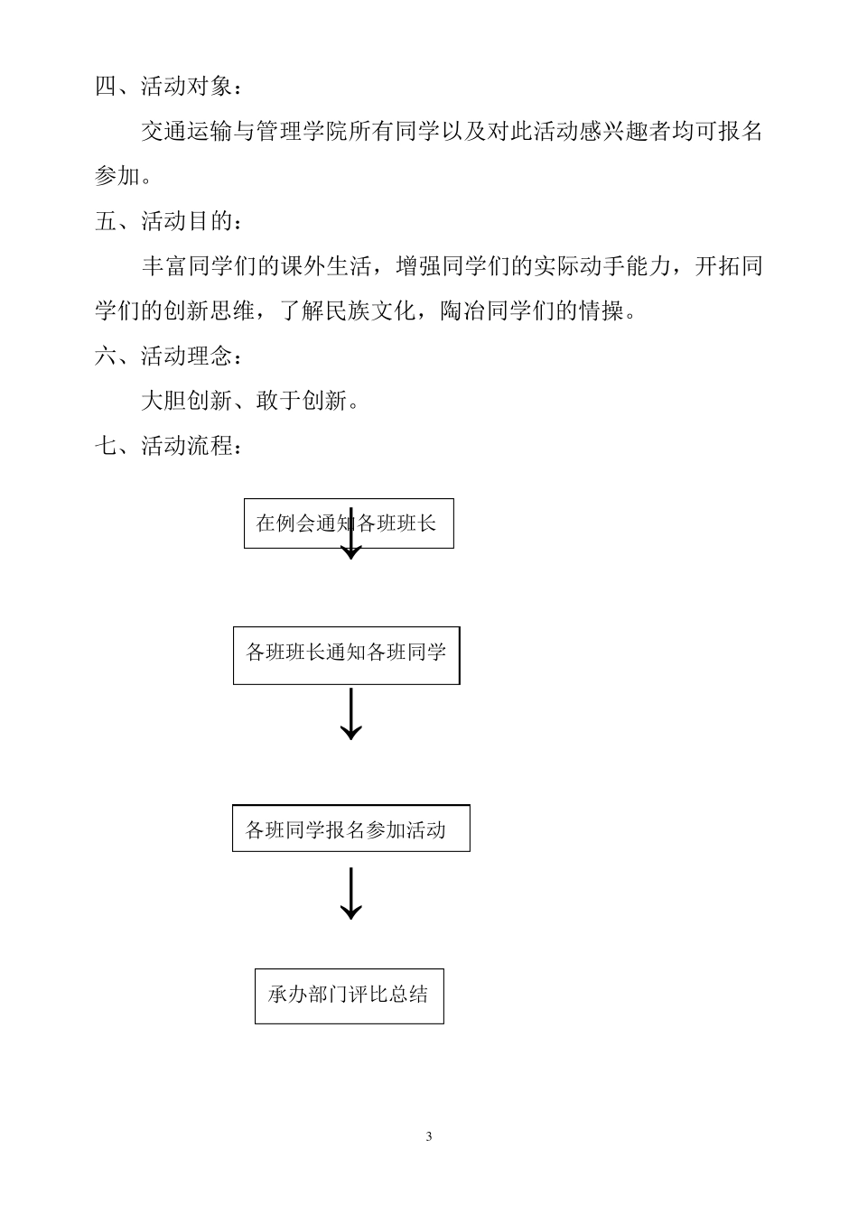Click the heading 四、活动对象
click(168, 87)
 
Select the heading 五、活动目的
click(168, 221)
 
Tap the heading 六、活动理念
click(168, 356)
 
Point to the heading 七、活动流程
click(168, 445)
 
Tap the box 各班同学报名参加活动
click(350, 829)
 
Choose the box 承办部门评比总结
click(349, 995)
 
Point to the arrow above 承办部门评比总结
click(350, 894)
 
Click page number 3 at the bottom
click(429, 1136)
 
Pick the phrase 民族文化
click(369, 311)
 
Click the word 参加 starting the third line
click(117, 177)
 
